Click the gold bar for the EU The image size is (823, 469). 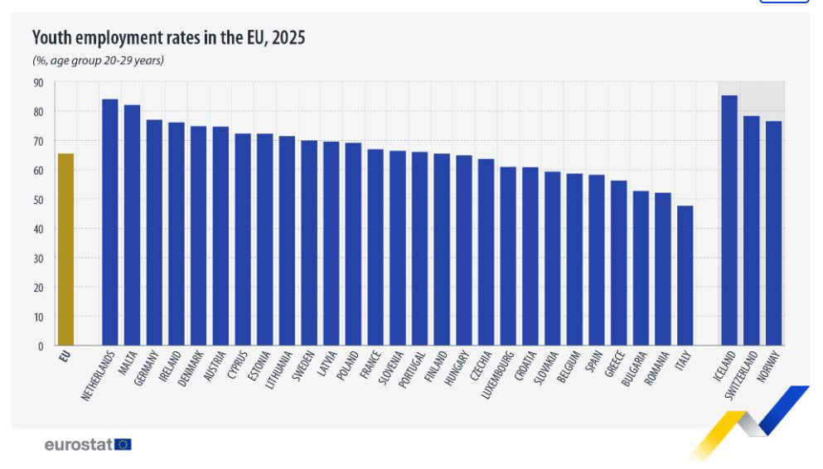[65, 249]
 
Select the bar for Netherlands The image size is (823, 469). [109, 222]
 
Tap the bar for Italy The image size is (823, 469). [685, 275]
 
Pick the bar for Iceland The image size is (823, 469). [729, 220]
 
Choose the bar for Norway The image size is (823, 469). [773, 233]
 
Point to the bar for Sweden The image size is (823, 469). [309, 243]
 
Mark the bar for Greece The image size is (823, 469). [619, 263]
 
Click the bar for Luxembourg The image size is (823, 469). [508, 256]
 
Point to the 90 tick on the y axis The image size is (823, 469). [39, 84]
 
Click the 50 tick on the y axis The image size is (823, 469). [39, 200]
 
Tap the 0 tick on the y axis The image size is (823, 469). [41, 346]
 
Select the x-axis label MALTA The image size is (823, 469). [128, 363]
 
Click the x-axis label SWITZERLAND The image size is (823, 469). [742, 375]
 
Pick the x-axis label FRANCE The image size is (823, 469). [370, 365]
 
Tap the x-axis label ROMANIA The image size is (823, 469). [656, 368]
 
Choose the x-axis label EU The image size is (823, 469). [65, 357]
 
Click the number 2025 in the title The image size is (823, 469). [288, 38]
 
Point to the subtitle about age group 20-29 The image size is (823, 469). [98, 60]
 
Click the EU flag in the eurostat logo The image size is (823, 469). [123, 445]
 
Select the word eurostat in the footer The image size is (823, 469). [78, 445]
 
